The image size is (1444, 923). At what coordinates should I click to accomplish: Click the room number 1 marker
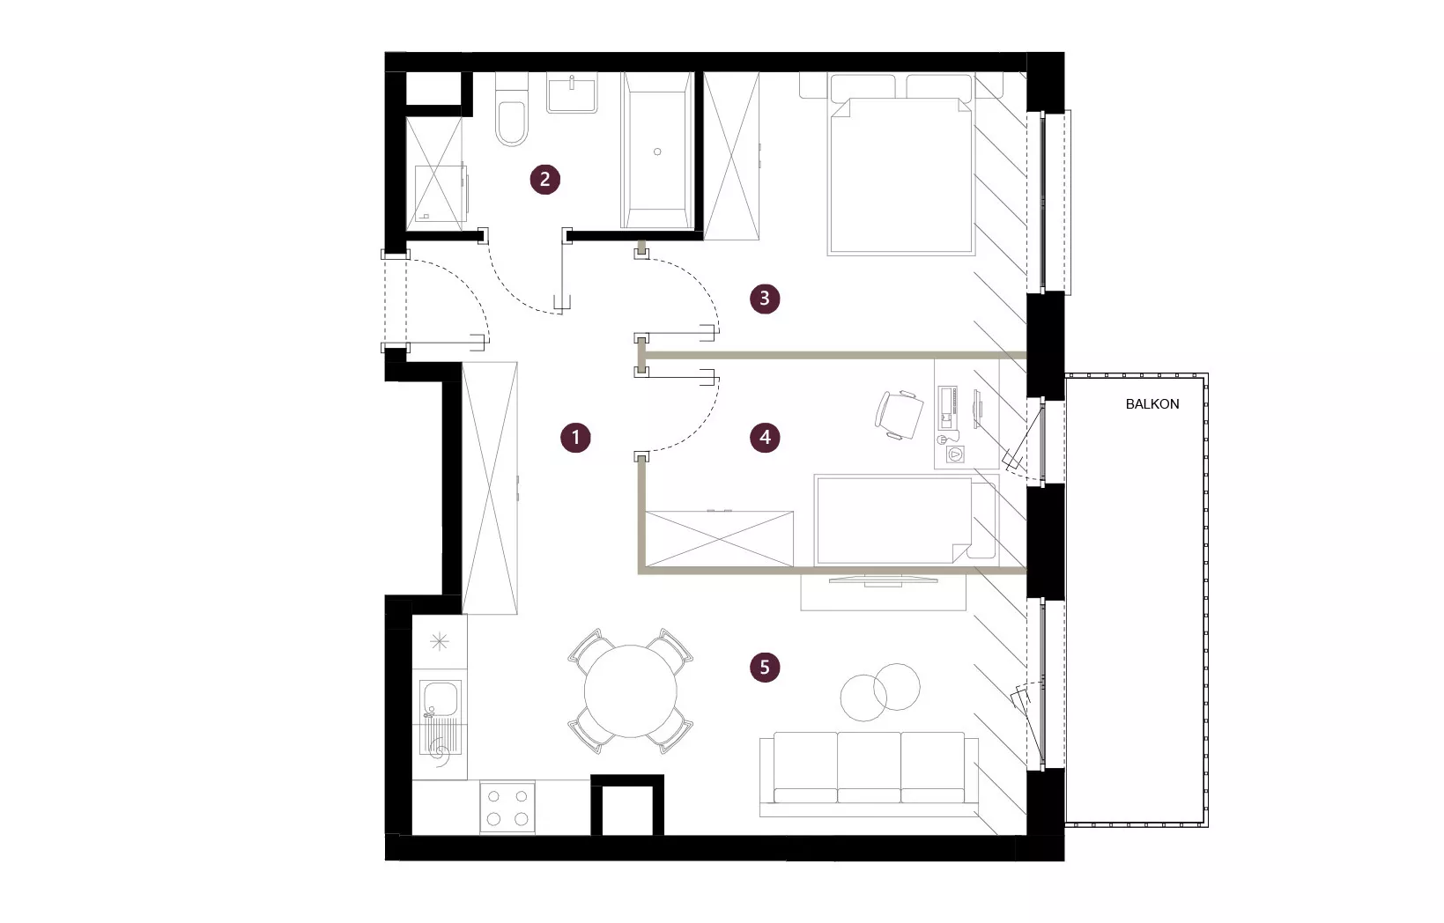click(575, 438)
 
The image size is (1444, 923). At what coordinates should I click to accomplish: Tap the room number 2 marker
click(544, 179)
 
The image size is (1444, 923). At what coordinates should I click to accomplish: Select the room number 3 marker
click(765, 299)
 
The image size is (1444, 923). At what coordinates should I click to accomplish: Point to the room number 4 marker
click(765, 438)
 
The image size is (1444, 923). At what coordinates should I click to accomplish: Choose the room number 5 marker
click(765, 667)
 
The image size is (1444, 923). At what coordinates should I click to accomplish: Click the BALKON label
click(1152, 404)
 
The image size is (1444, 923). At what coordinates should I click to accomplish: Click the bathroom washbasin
click(572, 92)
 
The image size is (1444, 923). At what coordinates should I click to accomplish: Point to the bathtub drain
click(657, 152)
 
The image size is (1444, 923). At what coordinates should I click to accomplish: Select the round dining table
click(631, 691)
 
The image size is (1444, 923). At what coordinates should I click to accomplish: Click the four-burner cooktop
click(507, 808)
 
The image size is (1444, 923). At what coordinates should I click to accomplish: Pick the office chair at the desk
click(899, 415)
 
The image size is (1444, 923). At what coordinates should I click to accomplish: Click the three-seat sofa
click(869, 775)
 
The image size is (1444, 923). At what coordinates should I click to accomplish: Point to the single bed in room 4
click(907, 521)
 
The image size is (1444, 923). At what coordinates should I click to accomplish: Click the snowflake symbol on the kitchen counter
click(440, 641)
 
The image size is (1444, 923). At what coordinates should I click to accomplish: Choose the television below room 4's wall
click(883, 580)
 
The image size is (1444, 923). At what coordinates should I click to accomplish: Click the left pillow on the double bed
click(863, 86)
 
